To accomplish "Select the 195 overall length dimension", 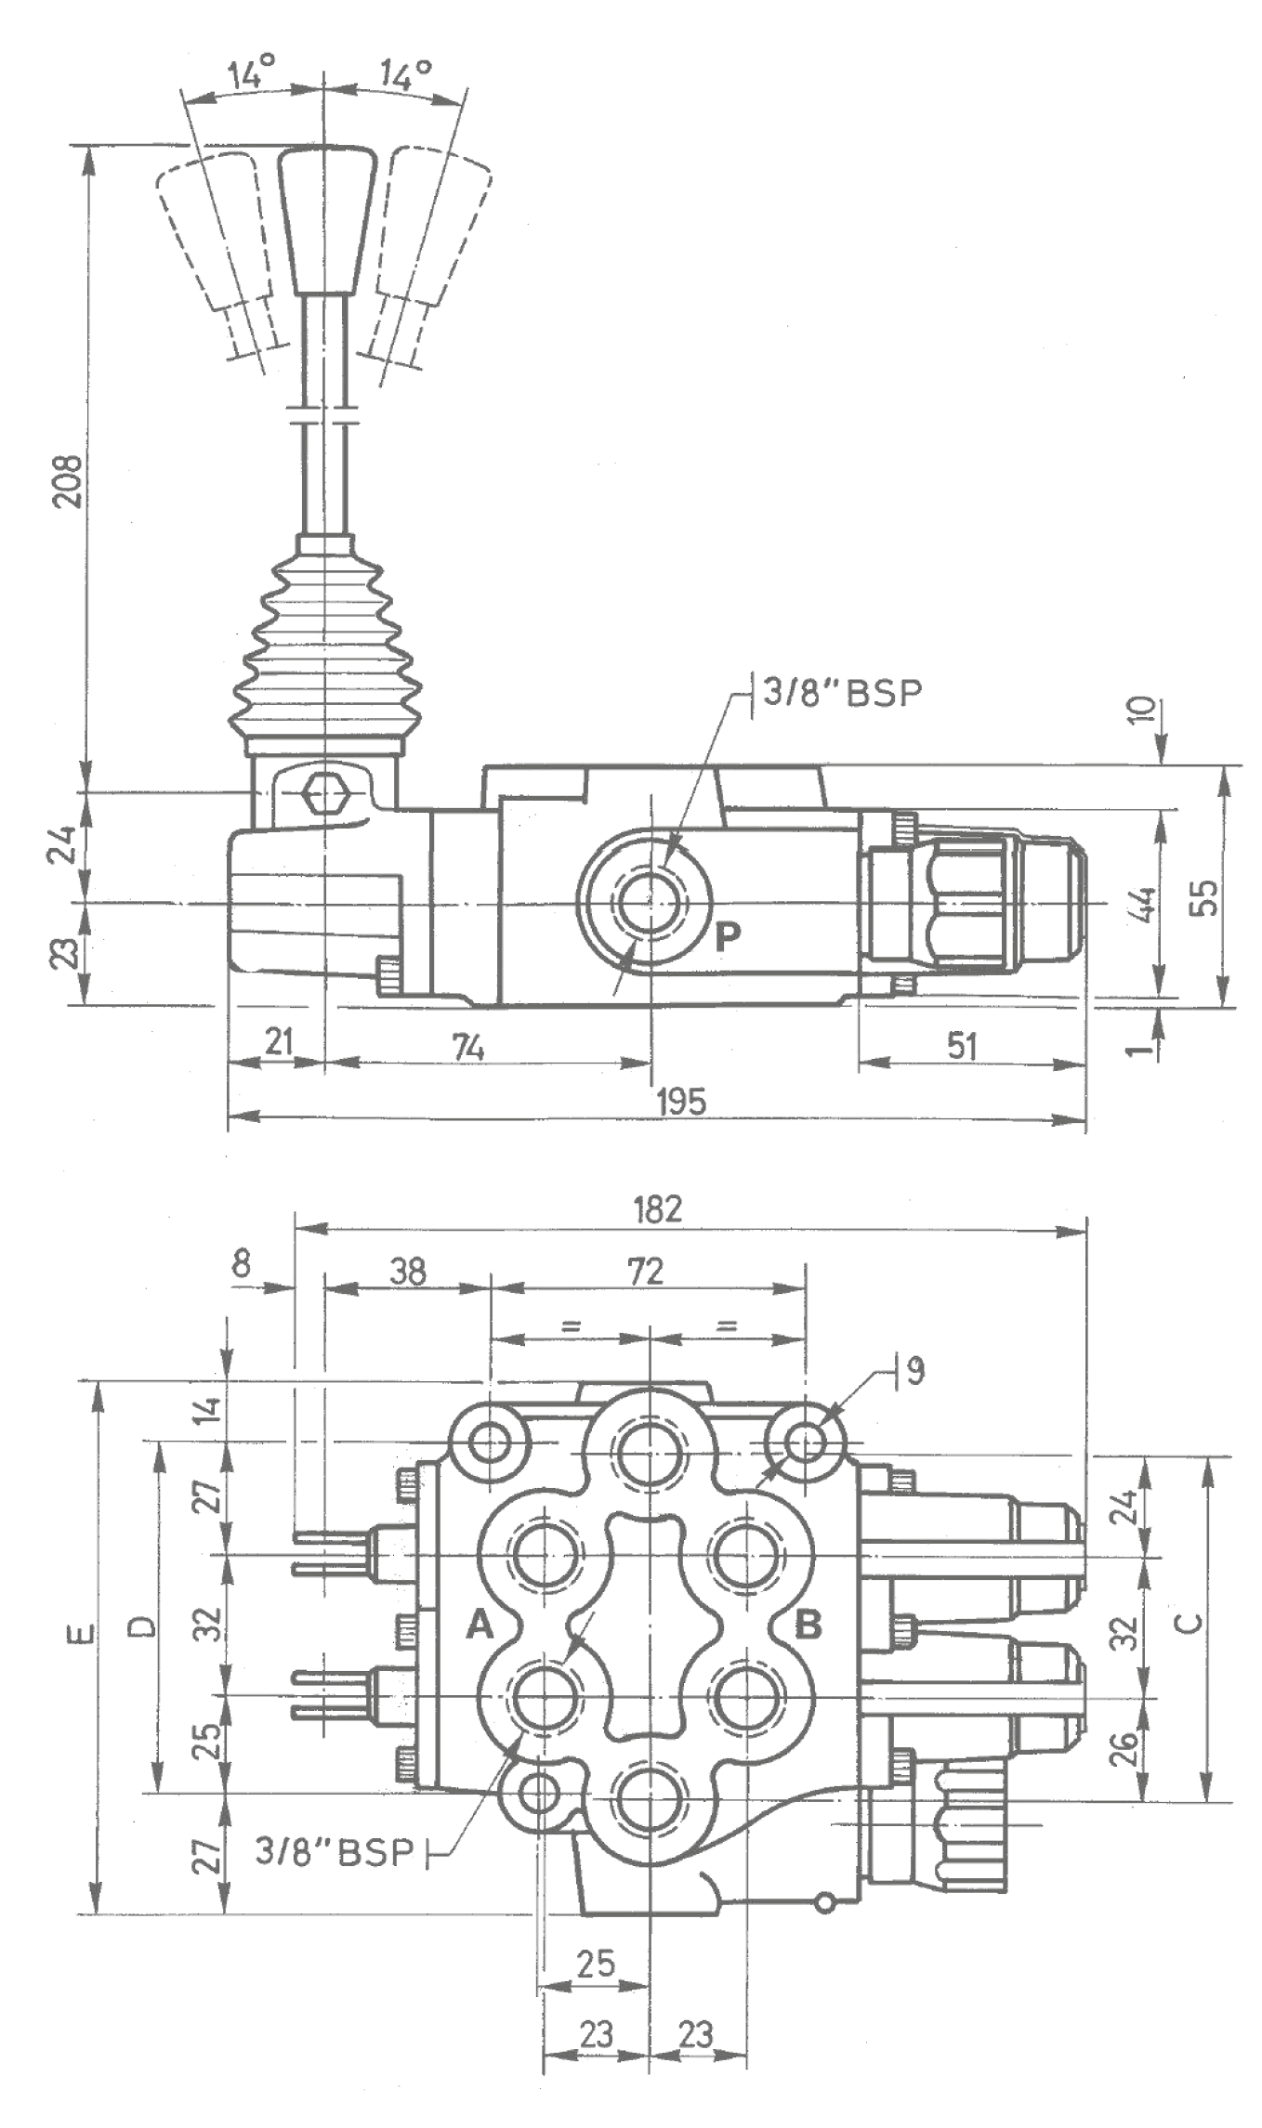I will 681,1102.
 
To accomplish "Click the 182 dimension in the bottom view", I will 658,1208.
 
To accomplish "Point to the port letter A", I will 479,1625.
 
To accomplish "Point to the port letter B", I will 808,1625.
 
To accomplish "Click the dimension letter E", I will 84,1632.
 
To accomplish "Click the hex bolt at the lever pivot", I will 324,792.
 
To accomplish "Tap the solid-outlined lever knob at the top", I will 326,218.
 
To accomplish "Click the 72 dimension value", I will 646,1271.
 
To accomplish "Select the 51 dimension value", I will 962,1047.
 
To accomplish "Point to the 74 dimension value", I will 469,1048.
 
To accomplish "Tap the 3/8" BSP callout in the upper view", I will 842,693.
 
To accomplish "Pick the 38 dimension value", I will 407,1271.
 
